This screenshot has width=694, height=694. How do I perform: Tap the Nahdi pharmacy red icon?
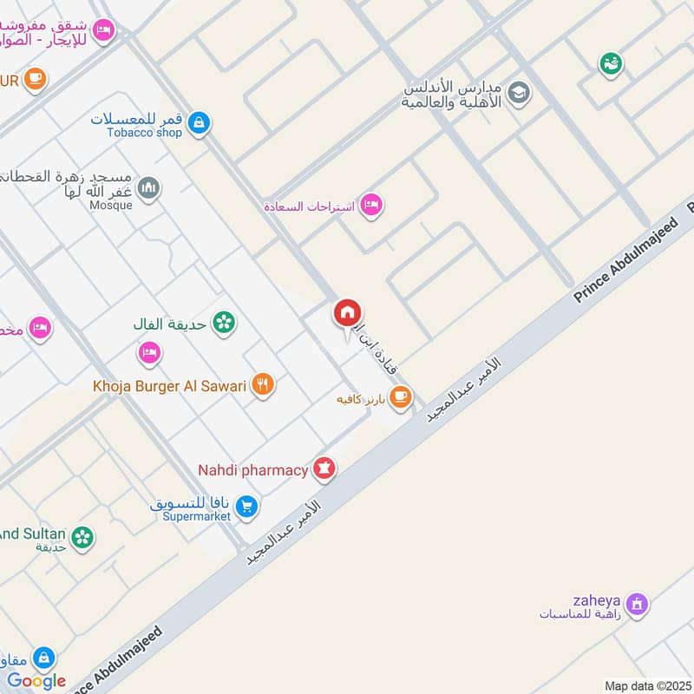pyautogui.click(x=325, y=468)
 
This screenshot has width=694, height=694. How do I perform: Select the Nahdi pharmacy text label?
pyautogui.click(x=252, y=470)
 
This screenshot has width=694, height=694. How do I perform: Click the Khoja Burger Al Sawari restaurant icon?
pyautogui.click(x=263, y=384)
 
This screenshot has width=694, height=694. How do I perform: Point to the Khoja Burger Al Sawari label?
pyautogui.click(x=170, y=385)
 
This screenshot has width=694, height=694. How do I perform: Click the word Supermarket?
pyautogui.click(x=197, y=516)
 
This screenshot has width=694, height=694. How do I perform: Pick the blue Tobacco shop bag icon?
pyautogui.click(x=200, y=123)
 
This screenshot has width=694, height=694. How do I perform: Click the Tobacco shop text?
pyautogui.click(x=144, y=133)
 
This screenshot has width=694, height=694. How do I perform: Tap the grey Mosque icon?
pyautogui.click(x=149, y=187)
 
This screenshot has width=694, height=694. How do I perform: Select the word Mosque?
pyautogui.click(x=111, y=206)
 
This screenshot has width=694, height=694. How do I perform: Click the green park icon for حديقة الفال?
pyautogui.click(x=225, y=323)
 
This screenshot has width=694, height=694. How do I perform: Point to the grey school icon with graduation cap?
pyautogui.click(x=519, y=93)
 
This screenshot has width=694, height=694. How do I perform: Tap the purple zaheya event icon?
pyautogui.click(x=637, y=604)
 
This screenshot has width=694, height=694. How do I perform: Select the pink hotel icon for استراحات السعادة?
pyautogui.click(x=372, y=206)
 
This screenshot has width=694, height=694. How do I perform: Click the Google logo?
pyautogui.click(x=36, y=681)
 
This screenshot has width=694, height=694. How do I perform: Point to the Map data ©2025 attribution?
pyautogui.click(x=645, y=685)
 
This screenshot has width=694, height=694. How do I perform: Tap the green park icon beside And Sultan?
pyautogui.click(x=82, y=538)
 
